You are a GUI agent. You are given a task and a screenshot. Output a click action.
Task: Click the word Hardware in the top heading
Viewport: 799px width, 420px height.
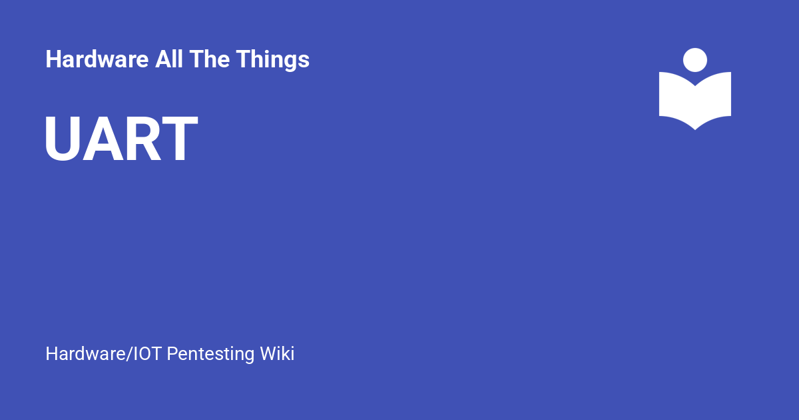(x=97, y=60)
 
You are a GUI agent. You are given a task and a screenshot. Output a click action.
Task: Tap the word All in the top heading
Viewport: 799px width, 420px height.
(x=168, y=60)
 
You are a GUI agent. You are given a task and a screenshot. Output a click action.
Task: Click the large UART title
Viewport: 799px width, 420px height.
(x=121, y=140)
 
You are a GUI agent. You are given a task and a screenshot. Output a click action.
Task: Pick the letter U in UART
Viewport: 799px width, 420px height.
(x=62, y=140)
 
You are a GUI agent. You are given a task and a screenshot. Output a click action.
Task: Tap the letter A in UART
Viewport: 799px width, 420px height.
(x=101, y=140)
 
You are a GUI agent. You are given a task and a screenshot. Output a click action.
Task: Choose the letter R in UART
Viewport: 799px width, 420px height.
(x=141, y=140)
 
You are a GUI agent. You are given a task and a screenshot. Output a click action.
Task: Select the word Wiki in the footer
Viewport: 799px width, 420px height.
(x=277, y=353)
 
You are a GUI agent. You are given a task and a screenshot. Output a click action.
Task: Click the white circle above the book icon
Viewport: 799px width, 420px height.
(x=695, y=60)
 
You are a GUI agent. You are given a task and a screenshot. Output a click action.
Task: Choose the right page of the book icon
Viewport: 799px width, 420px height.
(x=714, y=97)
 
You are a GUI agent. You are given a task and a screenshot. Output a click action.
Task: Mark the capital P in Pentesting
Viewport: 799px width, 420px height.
(x=172, y=353)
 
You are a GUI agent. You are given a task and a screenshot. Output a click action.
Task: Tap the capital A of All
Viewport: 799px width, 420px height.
(x=161, y=60)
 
